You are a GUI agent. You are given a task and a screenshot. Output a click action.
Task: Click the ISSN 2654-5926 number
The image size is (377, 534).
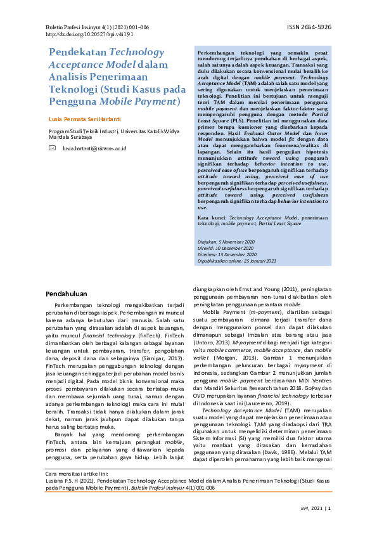[x=309, y=28]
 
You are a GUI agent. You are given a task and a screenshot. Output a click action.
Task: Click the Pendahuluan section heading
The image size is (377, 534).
[x=67, y=294]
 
